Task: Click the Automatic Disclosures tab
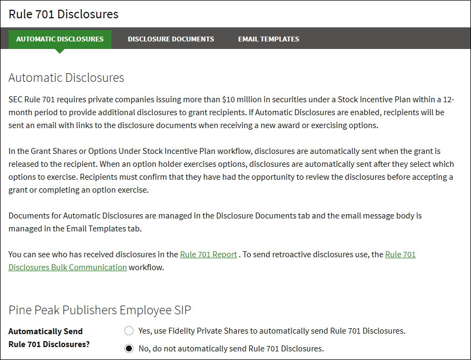60,39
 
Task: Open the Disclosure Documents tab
171,39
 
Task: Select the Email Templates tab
269,39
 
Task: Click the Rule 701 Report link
208,255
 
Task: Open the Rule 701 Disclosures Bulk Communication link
68,267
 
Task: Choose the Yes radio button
129,330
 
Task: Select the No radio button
129,348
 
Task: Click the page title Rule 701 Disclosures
64,14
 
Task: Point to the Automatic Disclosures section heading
66,77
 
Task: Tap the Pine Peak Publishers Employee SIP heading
100,310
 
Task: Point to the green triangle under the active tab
60,51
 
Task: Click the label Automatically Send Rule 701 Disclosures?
49,338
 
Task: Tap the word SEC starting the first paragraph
16,100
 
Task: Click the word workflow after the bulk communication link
146,267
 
